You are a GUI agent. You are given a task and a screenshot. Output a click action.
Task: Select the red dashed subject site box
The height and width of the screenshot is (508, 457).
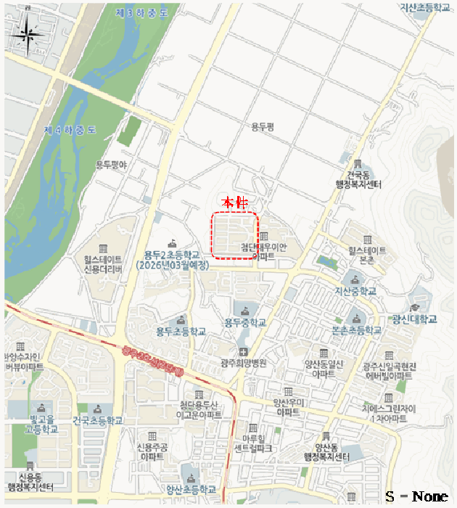[234, 234]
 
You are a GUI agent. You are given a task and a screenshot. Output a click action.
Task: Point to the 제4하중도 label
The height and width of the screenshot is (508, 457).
[70, 131]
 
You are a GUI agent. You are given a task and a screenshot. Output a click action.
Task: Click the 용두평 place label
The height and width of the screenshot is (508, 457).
[264, 127]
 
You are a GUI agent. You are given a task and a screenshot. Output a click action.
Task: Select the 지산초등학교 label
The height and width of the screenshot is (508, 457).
[426, 7]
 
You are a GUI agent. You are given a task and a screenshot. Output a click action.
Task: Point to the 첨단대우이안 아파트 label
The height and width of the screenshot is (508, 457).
[263, 252]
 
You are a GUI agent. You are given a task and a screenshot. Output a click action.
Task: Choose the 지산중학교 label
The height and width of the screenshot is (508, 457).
[355, 290]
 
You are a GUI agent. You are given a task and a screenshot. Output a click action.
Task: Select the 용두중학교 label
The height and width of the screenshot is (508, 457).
[244, 322]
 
